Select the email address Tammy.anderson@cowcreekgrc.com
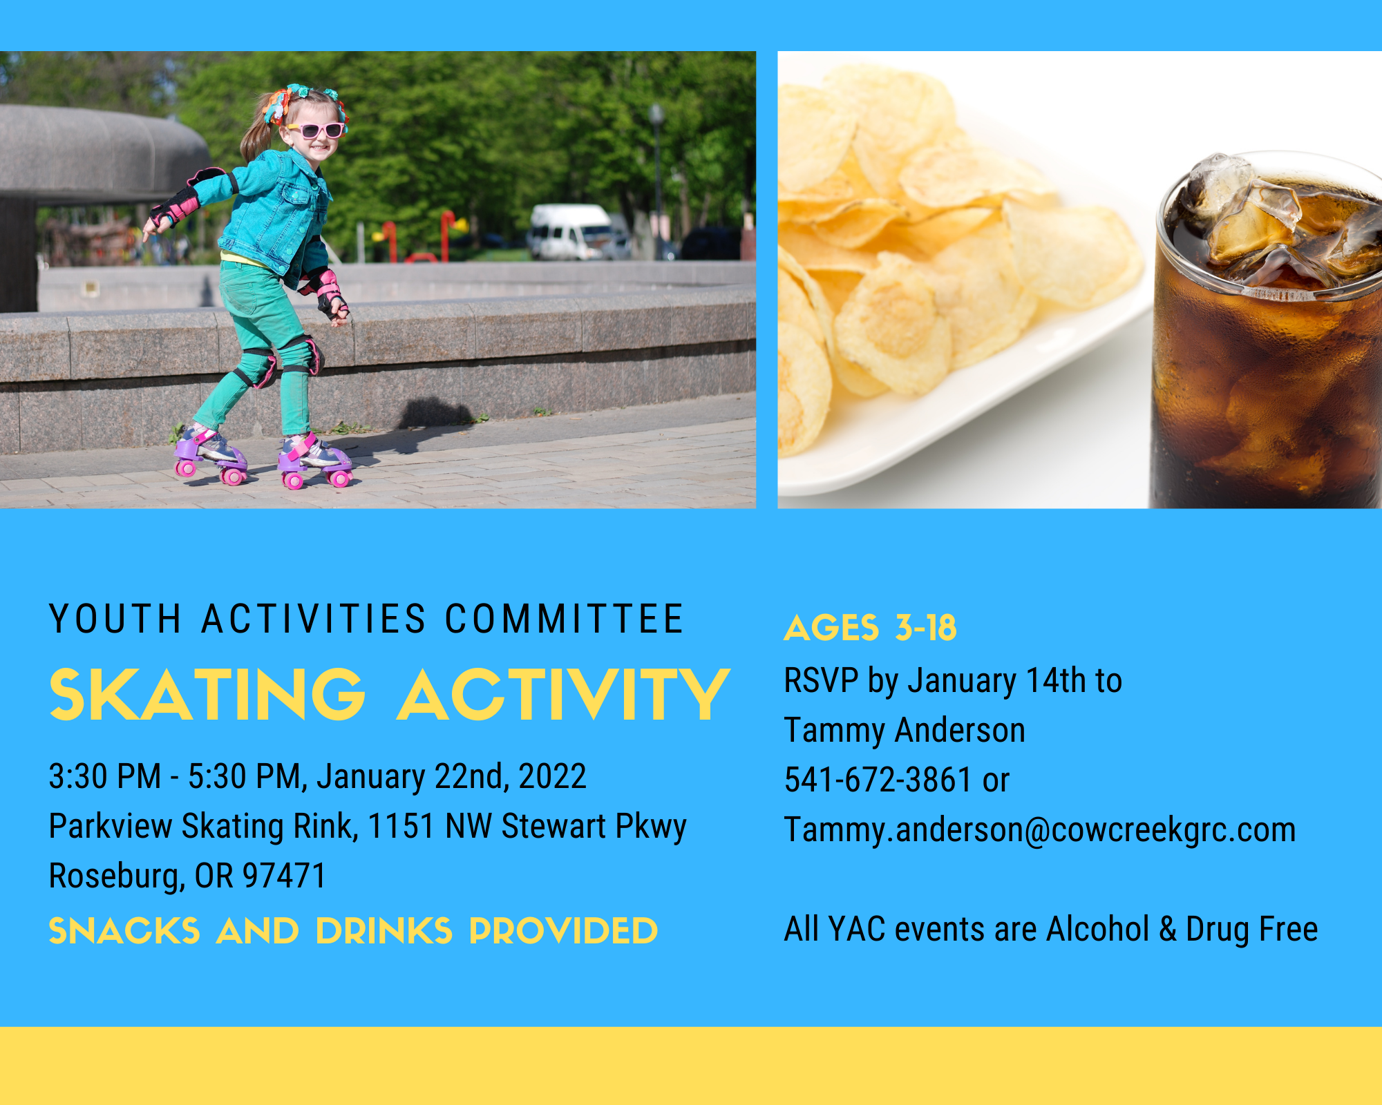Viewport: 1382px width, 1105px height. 1040,829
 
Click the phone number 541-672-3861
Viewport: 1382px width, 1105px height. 878,780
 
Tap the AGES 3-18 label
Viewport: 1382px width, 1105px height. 870,628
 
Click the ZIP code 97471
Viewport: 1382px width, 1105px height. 284,876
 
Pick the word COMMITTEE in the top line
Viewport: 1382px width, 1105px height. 564,619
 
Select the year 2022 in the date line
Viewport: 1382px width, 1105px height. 553,776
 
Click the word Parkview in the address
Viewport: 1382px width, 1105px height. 111,826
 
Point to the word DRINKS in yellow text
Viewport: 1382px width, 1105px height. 384,931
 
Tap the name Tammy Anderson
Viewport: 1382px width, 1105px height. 905,730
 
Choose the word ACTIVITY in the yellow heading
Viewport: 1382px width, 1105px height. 564,695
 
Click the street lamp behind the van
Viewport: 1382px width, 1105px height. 657,173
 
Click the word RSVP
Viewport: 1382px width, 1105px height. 821,680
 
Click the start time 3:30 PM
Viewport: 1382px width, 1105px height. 105,776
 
